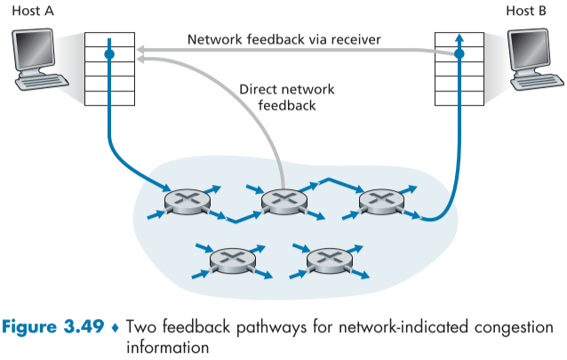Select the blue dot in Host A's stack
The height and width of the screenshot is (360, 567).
pos(109,55)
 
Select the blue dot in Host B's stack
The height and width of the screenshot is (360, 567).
pos(459,55)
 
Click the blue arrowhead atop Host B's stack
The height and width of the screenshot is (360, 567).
pos(459,36)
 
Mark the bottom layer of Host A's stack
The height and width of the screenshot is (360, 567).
pos(109,99)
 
